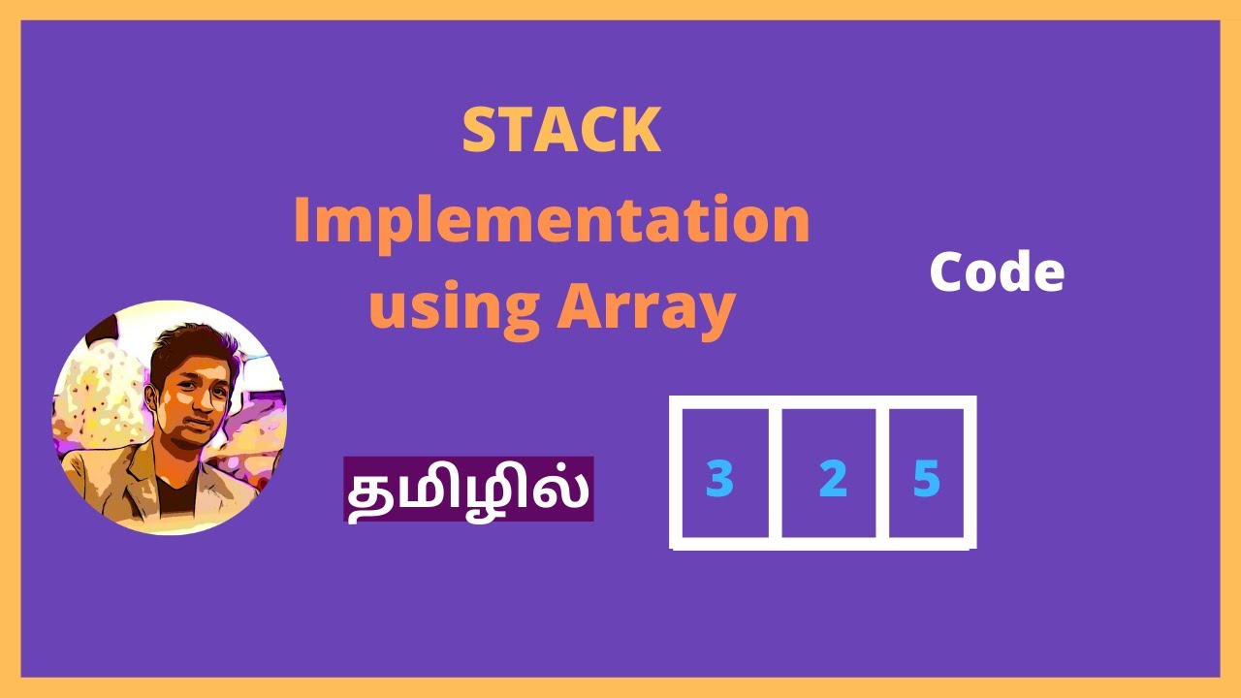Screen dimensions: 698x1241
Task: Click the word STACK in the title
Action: tap(561, 131)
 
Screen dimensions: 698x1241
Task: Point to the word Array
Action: tap(645, 305)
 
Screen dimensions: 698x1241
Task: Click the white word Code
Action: tap(997, 273)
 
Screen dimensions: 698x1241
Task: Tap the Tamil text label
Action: tap(468, 490)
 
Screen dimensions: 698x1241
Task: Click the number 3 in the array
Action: tap(719, 479)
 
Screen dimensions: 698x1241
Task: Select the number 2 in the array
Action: tap(832, 479)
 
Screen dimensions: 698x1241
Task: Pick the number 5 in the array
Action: tap(927, 479)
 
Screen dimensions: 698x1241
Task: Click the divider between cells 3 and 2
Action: tap(776, 472)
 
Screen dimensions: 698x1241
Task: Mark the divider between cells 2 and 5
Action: tap(883, 472)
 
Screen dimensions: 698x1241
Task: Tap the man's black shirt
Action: tap(176, 494)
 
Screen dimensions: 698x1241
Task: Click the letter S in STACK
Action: tap(478, 131)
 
